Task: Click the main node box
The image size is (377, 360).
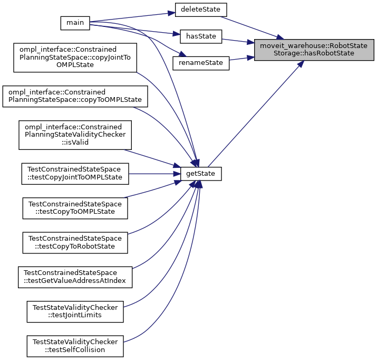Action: click(75, 23)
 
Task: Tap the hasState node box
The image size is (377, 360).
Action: click(200, 36)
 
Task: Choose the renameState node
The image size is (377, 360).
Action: click(201, 63)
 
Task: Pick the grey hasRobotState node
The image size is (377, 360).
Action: click(314, 50)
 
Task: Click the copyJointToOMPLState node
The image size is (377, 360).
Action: click(74, 56)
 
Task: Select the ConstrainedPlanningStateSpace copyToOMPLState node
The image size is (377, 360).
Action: click(74, 97)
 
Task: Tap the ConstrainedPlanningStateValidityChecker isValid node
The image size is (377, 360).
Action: click(74, 135)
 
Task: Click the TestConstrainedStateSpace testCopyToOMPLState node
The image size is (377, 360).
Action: click(75, 208)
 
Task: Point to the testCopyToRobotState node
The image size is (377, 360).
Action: click(75, 242)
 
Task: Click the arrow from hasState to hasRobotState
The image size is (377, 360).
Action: click(238, 40)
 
